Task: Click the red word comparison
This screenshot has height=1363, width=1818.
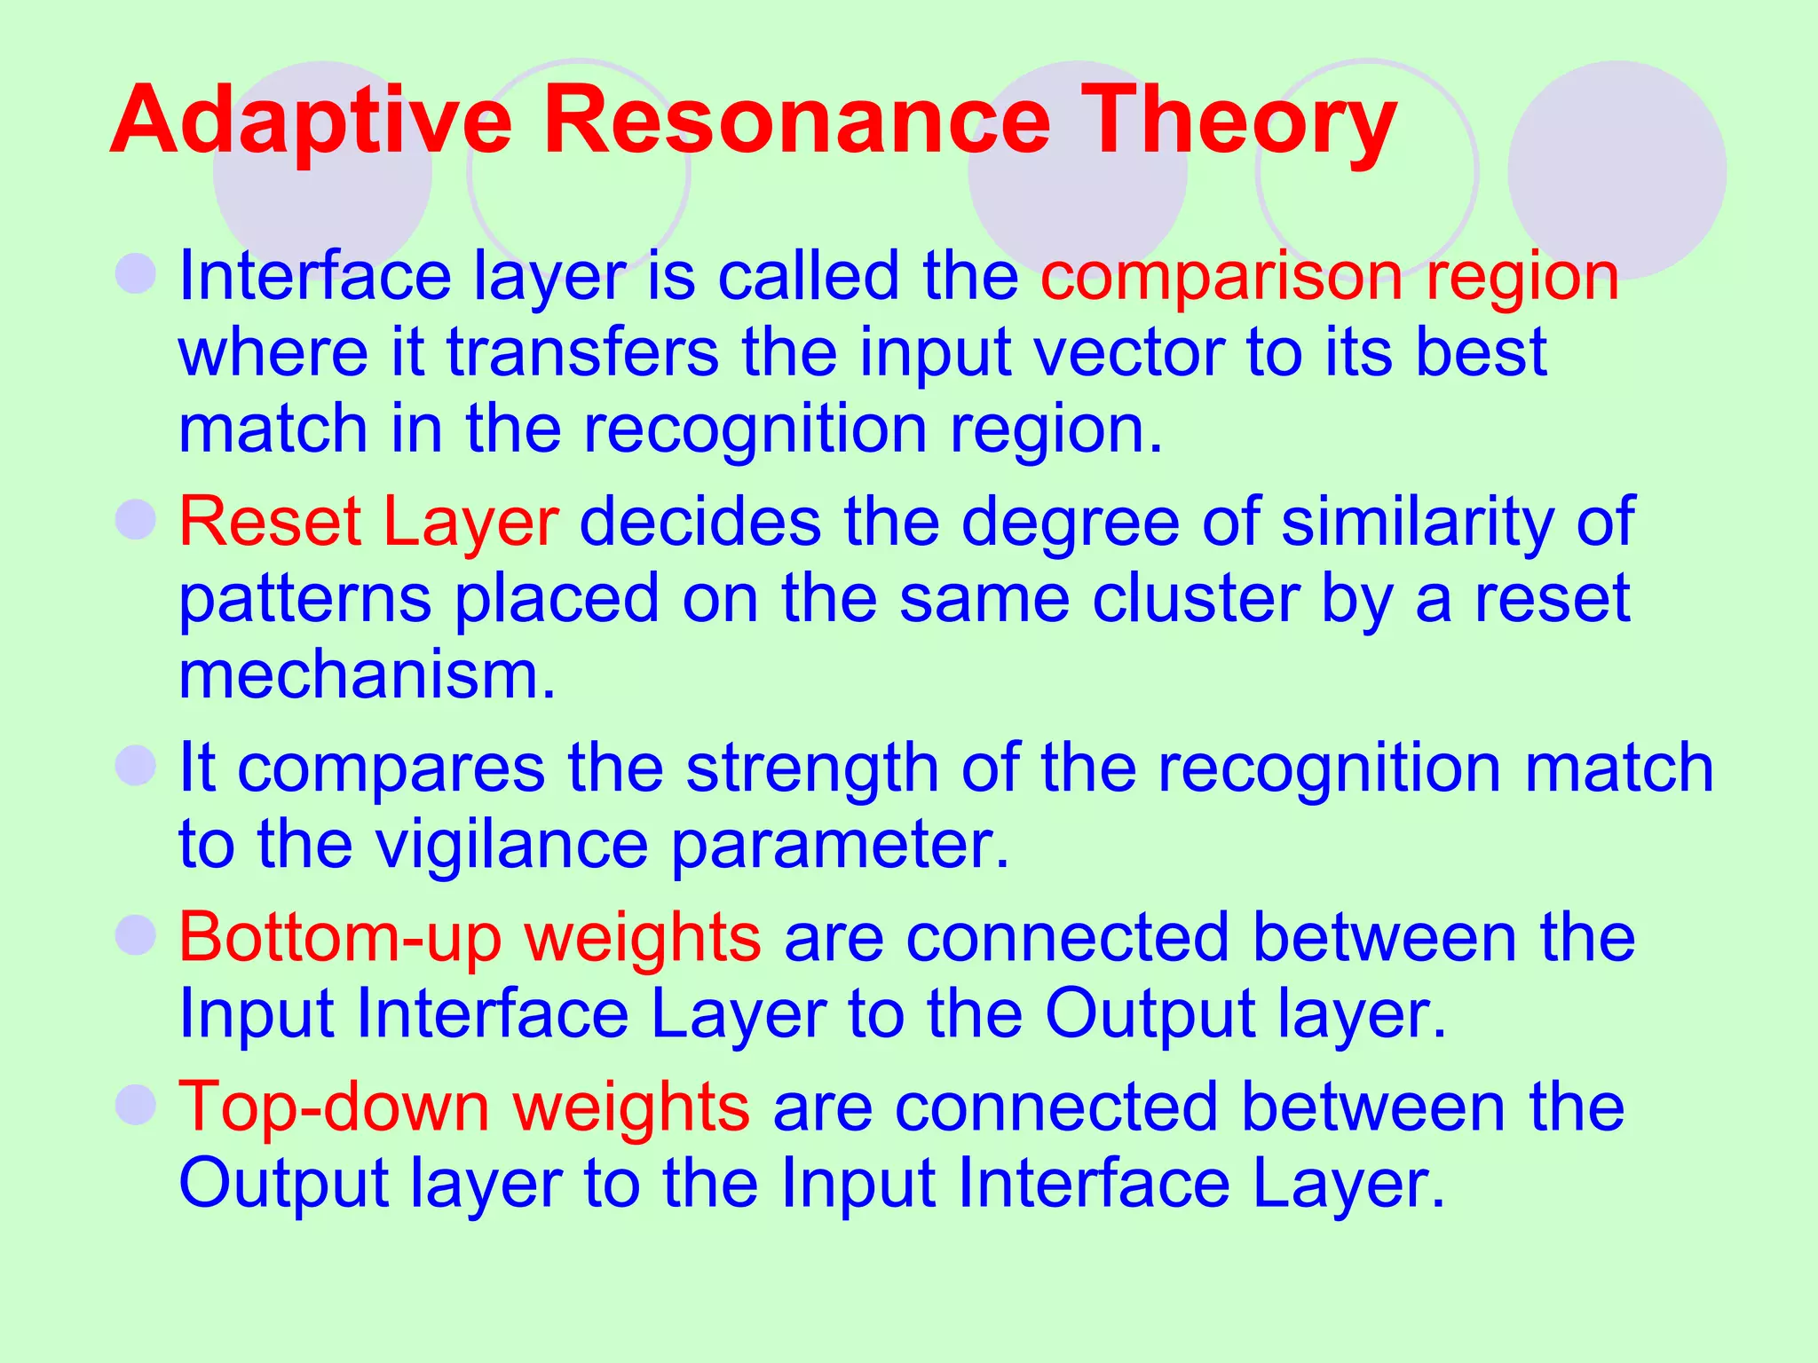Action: click(1221, 278)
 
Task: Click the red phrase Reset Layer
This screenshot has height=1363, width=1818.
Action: click(368, 522)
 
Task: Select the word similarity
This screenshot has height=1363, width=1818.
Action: click(1416, 522)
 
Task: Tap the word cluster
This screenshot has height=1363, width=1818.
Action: click(1195, 599)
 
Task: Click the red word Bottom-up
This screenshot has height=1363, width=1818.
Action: click(341, 937)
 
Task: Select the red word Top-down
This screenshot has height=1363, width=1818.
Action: click(334, 1107)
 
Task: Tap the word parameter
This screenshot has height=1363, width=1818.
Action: click(840, 845)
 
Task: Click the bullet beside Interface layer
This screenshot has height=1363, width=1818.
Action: click(136, 273)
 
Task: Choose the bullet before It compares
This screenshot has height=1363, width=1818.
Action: click(136, 765)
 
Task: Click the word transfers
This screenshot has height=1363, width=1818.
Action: click(582, 352)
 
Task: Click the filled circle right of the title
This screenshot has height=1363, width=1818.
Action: click(1617, 170)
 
